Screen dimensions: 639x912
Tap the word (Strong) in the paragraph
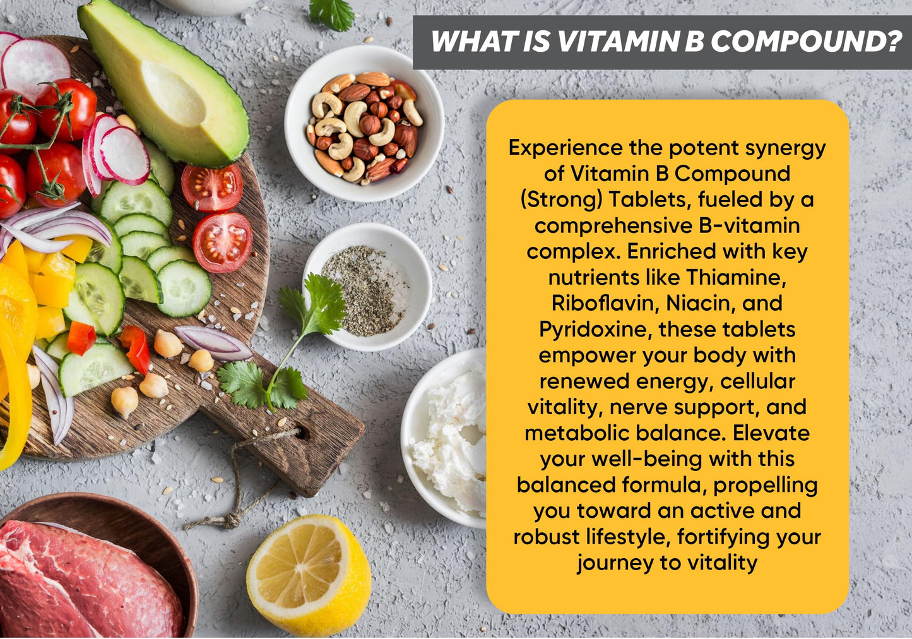pos(560,200)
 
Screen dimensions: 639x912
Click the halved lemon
pos(308,573)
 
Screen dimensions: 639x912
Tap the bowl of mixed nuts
pos(364,124)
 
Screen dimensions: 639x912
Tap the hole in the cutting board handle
pos(304,434)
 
